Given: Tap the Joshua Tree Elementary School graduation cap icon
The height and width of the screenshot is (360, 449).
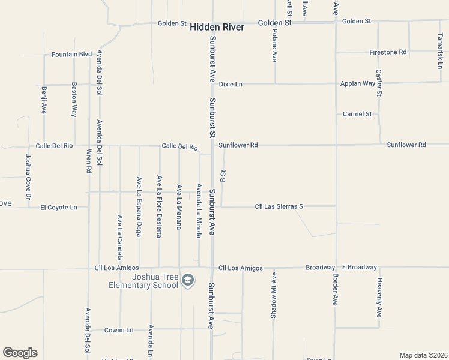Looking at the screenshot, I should point(188,280).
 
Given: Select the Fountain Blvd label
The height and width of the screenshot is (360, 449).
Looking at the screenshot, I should point(72,54).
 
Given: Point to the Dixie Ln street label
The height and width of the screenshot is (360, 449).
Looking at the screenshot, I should point(231,84).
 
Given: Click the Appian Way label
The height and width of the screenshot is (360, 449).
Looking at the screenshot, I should point(358,83).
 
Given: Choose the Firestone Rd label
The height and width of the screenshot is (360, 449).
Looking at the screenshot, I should point(388,52).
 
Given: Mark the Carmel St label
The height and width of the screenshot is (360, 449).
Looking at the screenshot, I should point(357,113).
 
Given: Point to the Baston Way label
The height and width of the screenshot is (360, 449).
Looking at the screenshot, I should point(74,98).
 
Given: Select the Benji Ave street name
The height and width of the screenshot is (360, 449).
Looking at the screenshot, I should point(44,100).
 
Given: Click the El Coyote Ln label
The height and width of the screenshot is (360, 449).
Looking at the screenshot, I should point(59,208).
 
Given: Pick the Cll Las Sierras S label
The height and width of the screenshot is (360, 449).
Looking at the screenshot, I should point(279,206).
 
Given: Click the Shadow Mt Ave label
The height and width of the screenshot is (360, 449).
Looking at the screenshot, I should point(273,295).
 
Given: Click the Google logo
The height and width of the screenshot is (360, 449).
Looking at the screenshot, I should point(20,353).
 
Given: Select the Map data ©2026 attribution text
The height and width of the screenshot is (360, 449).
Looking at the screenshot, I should point(423,355).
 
